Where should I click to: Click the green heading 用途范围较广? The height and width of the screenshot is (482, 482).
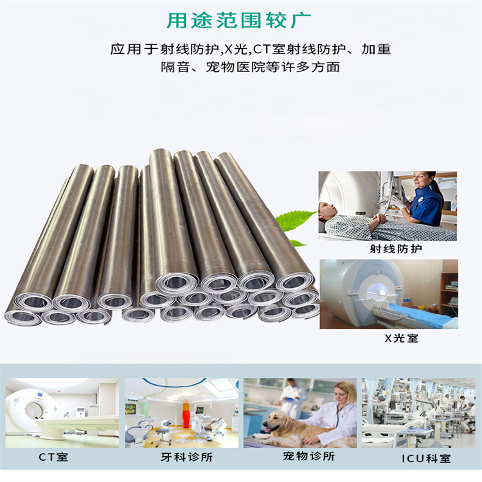pyautogui.click(x=240, y=20)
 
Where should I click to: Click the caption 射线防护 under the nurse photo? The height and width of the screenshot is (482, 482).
pyautogui.click(x=388, y=249)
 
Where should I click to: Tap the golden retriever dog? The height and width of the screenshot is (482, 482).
pyautogui.click(x=283, y=427)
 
